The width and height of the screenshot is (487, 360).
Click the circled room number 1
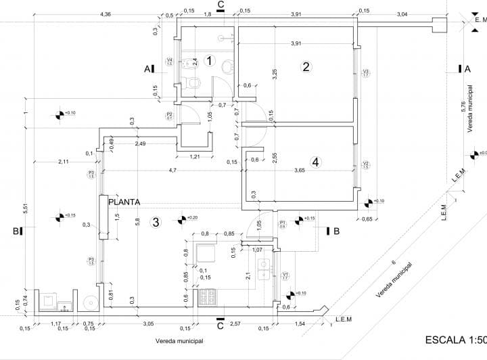point(210,62)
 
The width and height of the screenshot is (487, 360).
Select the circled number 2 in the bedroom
point(306,66)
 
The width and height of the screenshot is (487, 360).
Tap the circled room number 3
point(156,221)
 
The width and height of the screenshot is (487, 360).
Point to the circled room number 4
point(315,162)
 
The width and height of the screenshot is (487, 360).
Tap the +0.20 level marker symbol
point(181,219)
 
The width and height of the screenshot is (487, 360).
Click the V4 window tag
point(170,62)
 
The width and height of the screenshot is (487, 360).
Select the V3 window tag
point(365,72)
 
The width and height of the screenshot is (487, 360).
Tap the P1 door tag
point(282,224)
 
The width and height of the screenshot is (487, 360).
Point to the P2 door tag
point(169,116)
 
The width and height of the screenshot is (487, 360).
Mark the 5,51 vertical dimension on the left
point(25,210)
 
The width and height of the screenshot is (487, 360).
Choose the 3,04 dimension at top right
point(402,14)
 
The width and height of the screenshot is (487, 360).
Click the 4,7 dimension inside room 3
point(173,170)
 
